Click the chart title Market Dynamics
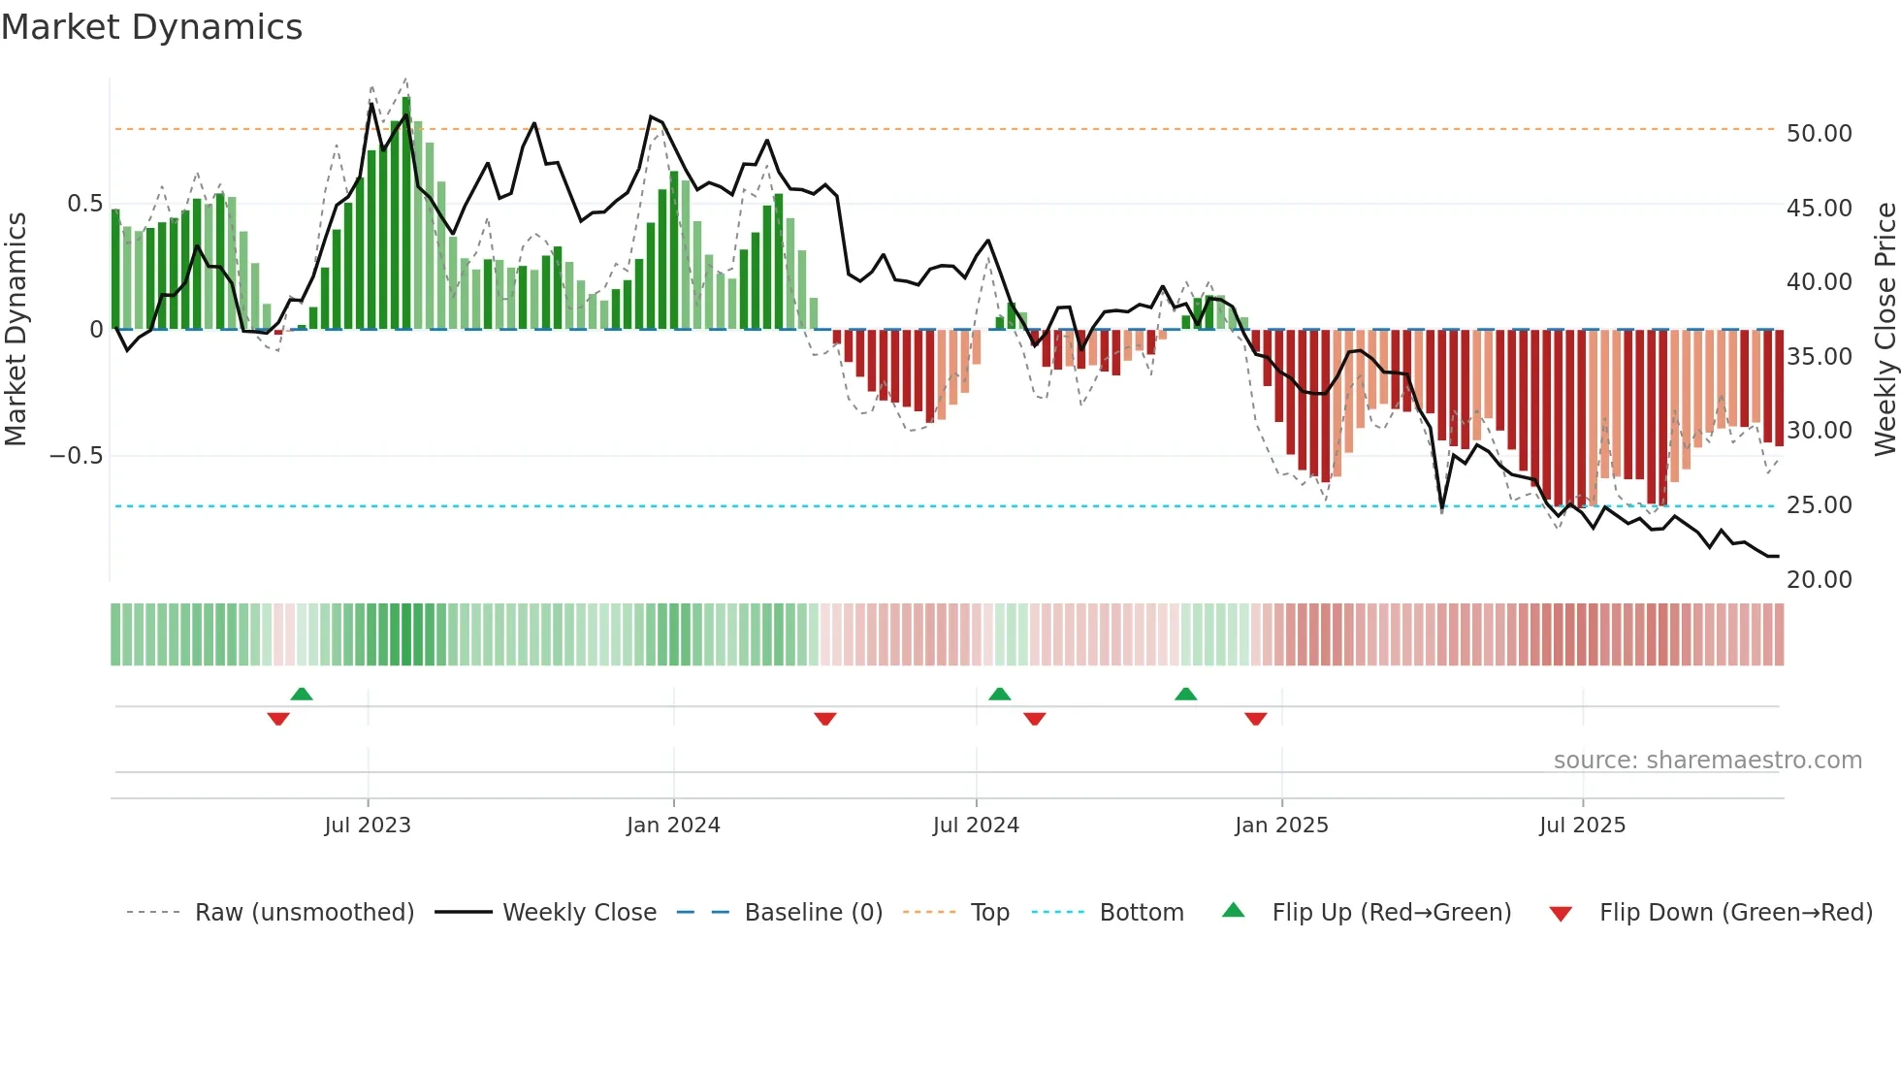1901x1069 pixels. pos(151,27)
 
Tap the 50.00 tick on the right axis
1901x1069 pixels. pos(1819,134)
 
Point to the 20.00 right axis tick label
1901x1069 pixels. pos(1819,580)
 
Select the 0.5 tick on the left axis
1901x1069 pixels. pos(84,204)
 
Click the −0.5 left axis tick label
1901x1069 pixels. pos(77,456)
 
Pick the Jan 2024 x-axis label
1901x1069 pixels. pos(673,826)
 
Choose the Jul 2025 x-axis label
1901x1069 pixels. pos(1582,826)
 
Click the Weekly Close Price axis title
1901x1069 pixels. pos(1885,329)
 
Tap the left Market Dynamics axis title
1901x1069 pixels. pos(16,329)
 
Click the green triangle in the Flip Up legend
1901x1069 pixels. pos(1233,910)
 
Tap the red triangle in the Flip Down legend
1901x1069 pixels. pos(1561,914)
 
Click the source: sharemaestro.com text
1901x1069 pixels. pos(1707,761)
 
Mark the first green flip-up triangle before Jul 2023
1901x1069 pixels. pos(302,694)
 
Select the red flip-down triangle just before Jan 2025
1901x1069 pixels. pos(1255,719)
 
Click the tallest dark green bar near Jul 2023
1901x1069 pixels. pos(406,213)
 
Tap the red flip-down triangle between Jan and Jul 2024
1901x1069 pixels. pos(825,719)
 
